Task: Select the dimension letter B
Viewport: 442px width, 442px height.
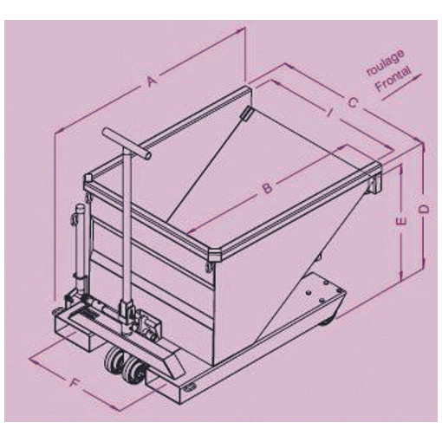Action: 268,188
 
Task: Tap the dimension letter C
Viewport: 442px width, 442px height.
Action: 353,102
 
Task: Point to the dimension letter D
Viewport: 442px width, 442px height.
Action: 424,210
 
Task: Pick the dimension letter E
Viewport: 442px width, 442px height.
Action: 401,221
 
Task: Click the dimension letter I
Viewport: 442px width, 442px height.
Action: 330,112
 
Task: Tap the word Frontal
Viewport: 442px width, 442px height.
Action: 392,79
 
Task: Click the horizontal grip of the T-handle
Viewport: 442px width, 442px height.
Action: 127,144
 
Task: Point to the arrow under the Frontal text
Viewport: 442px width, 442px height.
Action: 402,87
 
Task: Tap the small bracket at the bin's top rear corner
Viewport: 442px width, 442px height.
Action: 245,114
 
